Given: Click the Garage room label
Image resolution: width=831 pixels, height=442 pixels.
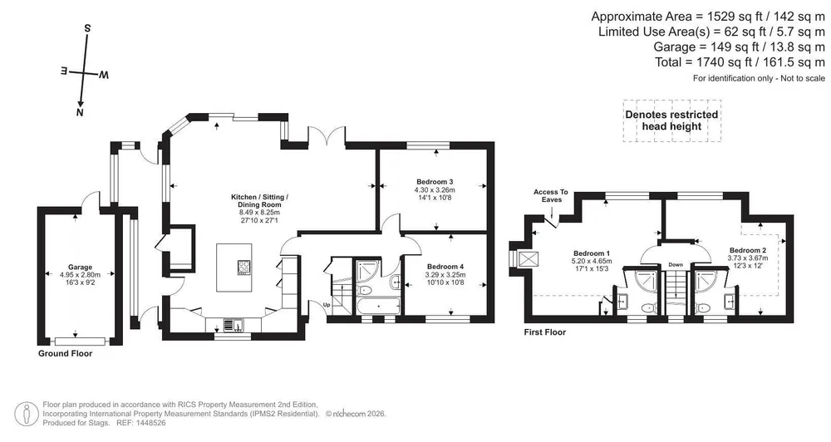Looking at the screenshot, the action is pos(80,267).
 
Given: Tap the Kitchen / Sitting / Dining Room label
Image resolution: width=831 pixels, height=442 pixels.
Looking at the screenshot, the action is pos(259,201).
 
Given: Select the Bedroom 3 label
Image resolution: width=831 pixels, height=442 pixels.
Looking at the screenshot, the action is pos(435,182).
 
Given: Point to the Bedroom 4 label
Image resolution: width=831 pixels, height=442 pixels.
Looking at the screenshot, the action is pos(445,267).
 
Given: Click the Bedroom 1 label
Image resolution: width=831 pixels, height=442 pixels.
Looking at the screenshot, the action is pos(592,253).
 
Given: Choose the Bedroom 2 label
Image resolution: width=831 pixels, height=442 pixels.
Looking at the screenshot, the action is pos(747,250).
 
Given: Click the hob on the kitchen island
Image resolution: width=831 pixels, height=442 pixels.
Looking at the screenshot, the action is pos(244,267).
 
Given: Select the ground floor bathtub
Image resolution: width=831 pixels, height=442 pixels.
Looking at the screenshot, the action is pos(378,306).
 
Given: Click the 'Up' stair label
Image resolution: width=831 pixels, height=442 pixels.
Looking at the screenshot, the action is pos(327,305).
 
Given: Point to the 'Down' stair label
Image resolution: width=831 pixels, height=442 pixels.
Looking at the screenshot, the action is pos(676,264).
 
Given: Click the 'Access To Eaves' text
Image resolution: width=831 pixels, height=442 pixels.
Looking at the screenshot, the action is pos(551,195).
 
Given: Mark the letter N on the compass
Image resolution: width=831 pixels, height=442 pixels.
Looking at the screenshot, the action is pos(80,112).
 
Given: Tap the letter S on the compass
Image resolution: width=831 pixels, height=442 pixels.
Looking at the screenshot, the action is pos(88,28).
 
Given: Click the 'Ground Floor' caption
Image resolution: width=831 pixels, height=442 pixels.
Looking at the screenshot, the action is pos(65,353).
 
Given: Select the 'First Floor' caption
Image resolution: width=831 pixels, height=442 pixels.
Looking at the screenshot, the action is pos(545,332).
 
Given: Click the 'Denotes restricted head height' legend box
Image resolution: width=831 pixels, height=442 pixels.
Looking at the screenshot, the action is pos(671,120).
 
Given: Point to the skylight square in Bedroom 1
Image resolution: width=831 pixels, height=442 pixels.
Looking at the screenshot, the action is pos(529,260).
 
